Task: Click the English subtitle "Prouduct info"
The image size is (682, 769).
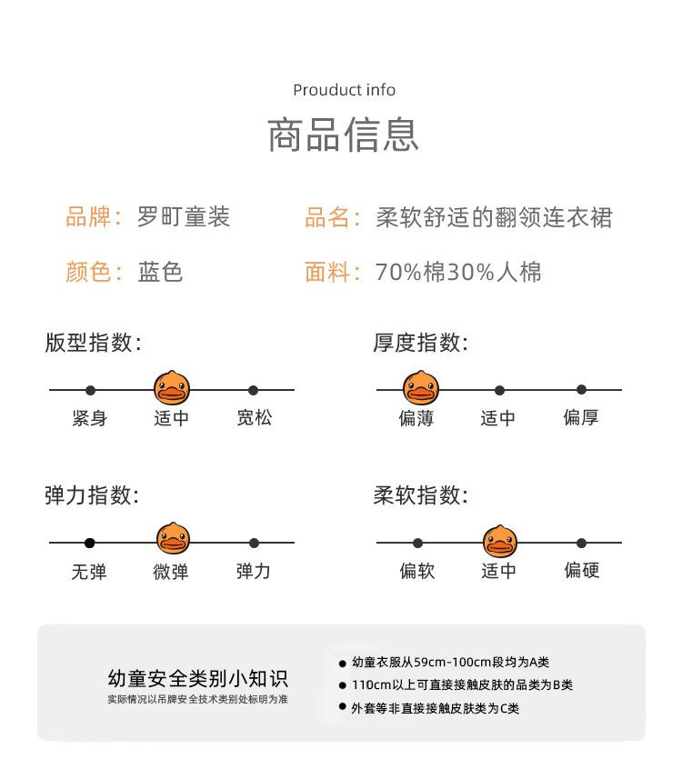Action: (x=344, y=90)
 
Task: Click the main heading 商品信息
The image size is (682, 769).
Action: (x=344, y=135)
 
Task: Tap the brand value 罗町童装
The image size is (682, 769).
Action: (x=184, y=217)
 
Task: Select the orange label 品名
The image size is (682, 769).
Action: (x=326, y=218)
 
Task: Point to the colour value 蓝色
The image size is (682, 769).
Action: (x=161, y=272)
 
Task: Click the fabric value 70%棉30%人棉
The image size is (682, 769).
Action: (x=458, y=272)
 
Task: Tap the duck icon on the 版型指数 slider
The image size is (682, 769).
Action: (x=172, y=388)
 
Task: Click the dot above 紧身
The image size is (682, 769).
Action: (x=90, y=390)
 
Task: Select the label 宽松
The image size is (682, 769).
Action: (x=254, y=418)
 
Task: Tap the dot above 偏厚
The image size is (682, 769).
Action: (x=581, y=390)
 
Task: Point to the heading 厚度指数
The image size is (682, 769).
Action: (x=420, y=343)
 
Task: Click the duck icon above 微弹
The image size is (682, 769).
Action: (x=173, y=540)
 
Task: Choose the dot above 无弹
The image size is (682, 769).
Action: (x=90, y=543)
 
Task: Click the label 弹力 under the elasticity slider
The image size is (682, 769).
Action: (x=254, y=572)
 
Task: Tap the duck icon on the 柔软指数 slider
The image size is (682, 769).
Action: (x=499, y=542)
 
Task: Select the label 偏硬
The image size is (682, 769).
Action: (x=581, y=571)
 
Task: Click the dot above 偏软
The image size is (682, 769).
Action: (x=417, y=543)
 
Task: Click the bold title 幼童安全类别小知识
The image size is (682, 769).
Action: (x=197, y=679)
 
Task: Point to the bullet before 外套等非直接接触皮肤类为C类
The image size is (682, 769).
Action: (x=343, y=706)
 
